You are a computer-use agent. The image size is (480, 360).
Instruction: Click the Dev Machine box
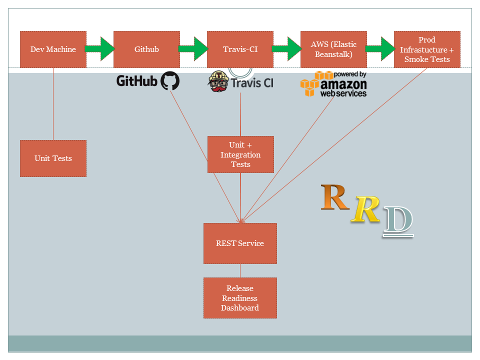(53, 49)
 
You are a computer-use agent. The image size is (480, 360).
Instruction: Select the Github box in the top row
(146, 49)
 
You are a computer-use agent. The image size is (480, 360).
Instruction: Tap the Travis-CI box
(240, 49)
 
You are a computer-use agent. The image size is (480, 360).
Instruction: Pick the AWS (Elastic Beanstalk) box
(333, 49)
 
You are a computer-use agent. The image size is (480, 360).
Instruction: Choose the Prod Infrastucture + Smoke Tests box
(427, 49)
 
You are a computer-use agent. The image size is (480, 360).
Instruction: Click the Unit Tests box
(53, 158)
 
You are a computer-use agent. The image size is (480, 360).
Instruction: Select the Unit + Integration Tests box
(240, 154)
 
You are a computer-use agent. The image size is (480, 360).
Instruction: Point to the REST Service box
(240, 243)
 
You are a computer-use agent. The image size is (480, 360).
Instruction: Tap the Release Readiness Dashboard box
(240, 298)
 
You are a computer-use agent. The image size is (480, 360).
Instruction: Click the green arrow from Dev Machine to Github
(100, 49)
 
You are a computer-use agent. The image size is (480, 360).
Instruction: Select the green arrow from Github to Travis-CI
(193, 49)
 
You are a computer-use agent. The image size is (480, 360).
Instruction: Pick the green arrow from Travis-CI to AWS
(287, 49)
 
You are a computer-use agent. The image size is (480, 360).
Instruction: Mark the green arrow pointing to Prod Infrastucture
(380, 49)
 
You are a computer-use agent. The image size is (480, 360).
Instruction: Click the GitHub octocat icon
(169, 80)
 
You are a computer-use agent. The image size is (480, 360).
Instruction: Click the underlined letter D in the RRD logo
(398, 220)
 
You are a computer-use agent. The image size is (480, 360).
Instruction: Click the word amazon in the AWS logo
(343, 84)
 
